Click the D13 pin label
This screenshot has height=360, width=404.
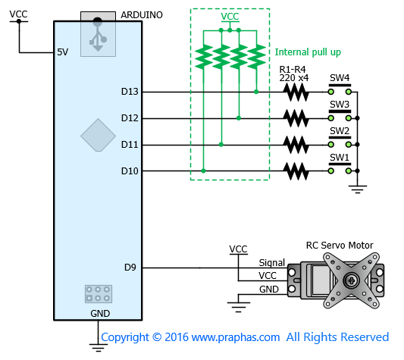coord(130,92)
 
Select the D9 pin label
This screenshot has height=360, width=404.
coord(130,268)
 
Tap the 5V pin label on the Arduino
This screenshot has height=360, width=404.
coord(63,52)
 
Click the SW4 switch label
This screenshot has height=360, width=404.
coord(340,77)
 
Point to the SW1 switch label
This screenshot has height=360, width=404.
coord(340,157)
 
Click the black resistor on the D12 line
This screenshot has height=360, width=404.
coord(296,118)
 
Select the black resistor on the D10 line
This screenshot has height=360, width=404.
coord(296,171)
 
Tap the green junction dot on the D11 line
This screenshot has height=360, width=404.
coord(221,145)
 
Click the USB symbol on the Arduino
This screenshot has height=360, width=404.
coord(98,34)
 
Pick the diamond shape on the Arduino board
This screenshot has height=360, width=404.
coord(99,135)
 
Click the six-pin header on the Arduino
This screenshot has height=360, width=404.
coord(99,294)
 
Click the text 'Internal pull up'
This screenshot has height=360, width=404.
coord(308,52)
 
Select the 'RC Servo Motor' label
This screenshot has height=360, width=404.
coord(340,246)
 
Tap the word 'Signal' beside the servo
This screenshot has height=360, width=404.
coord(272,262)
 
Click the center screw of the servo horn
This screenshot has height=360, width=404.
coord(351,280)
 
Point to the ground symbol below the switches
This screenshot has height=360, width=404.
coord(357,189)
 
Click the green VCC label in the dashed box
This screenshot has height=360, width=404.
coord(230,17)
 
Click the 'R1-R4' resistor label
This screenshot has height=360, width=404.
coord(293,69)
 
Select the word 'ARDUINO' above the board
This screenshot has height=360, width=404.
coord(142,15)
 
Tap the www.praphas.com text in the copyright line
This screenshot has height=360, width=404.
coord(236,337)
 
